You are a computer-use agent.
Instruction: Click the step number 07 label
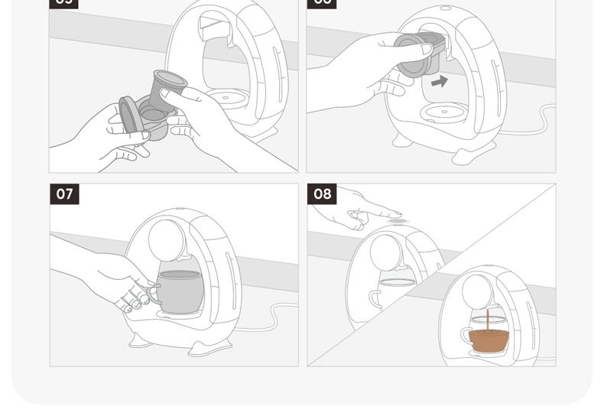(x=64, y=194)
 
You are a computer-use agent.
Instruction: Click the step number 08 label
(x=322, y=194)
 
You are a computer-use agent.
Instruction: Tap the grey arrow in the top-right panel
(x=439, y=81)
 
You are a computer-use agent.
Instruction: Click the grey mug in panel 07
(x=181, y=291)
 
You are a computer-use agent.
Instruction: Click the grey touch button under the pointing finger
(x=398, y=222)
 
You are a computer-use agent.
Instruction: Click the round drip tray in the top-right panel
(x=444, y=113)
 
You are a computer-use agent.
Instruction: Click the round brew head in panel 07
(x=166, y=239)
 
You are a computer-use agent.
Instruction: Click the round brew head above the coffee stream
(x=478, y=291)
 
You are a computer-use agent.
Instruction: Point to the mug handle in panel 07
(x=152, y=294)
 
